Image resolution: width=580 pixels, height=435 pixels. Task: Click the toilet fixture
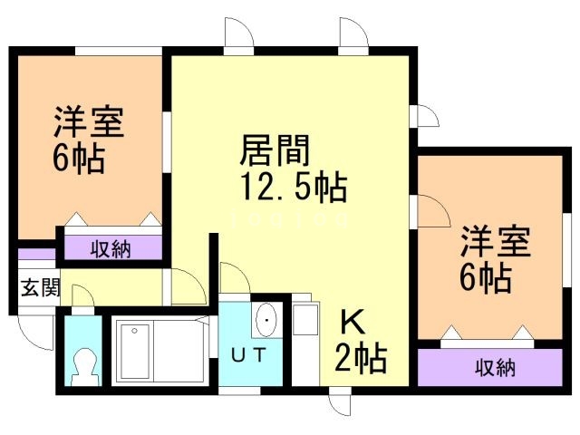(x=82, y=365)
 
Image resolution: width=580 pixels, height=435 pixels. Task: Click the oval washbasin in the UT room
(x=267, y=320)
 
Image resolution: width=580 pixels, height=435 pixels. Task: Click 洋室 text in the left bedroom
(x=89, y=121)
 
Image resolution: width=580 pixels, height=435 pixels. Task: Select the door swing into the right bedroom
(x=433, y=211)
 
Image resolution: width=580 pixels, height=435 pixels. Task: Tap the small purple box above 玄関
(x=37, y=255)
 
